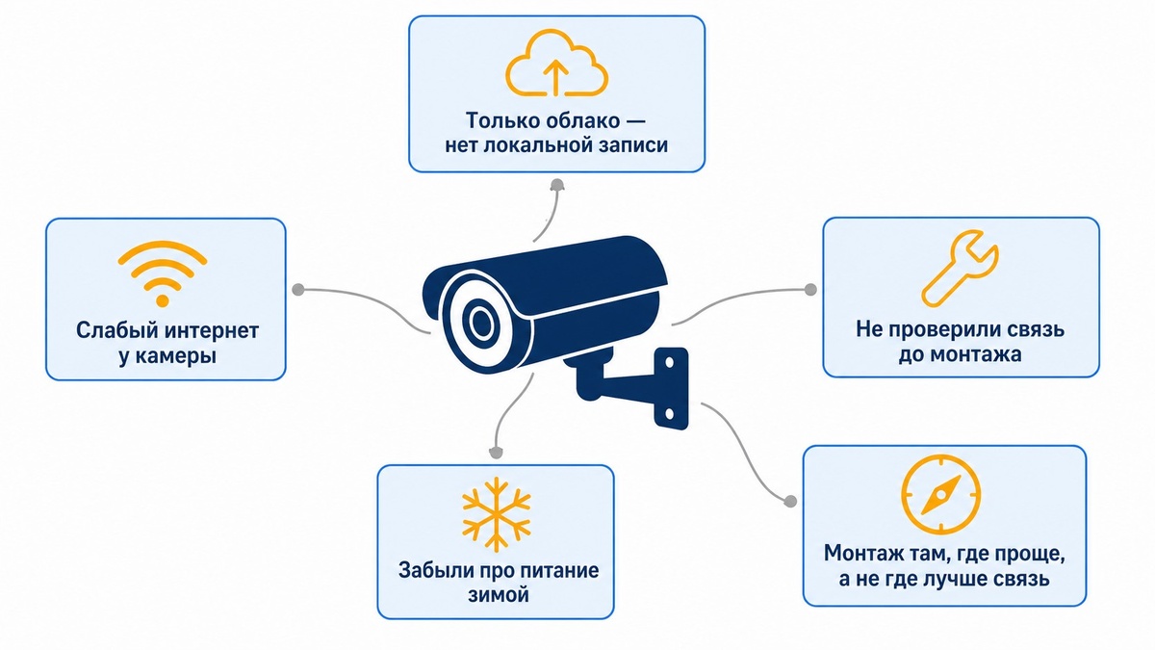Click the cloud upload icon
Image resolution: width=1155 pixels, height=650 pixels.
click(556, 63)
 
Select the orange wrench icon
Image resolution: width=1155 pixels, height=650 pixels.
click(960, 269)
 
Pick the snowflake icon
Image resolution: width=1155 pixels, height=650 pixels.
click(496, 514)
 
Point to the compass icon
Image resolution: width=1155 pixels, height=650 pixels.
click(941, 495)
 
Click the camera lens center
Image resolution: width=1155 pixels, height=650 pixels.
click(481, 323)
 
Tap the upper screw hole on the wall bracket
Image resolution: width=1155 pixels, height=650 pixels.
click(669, 363)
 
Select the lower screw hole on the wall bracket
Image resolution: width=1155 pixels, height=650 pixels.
click(669, 414)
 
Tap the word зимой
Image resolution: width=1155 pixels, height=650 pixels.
click(499, 595)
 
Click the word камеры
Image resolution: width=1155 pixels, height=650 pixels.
click(176, 356)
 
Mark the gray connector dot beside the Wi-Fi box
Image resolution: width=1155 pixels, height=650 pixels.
click(298, 290)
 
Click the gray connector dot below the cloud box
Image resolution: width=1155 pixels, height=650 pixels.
click(557, 185)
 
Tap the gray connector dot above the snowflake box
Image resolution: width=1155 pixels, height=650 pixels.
click(496, 453)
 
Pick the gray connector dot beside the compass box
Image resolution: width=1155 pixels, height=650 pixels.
click(790, 501)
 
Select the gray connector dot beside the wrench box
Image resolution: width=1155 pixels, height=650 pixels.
click(810, 290)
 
